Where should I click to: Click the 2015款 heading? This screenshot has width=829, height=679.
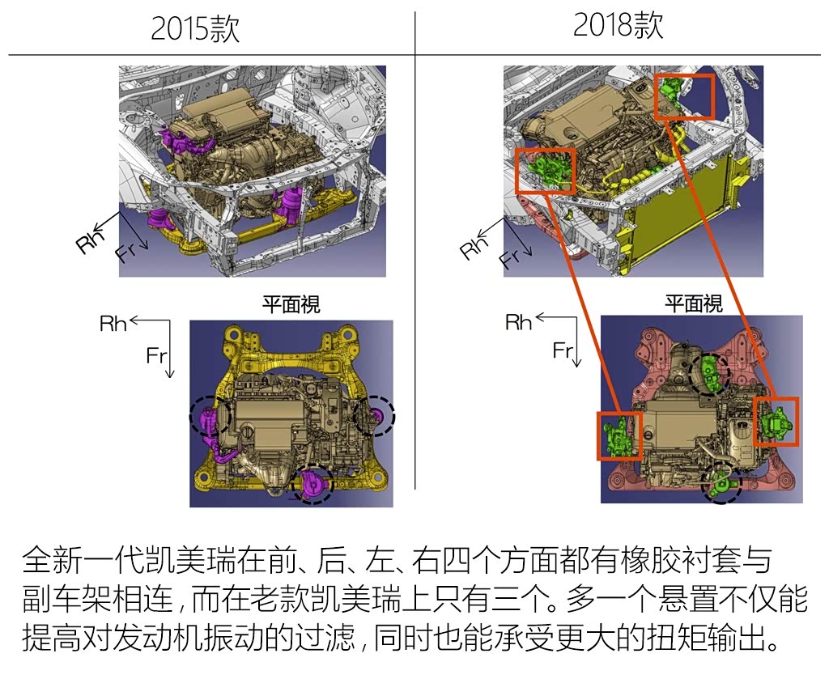pyautogui.click(x=195, y=28)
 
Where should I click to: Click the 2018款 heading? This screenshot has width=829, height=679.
pyautogui.click(x=618, y=24)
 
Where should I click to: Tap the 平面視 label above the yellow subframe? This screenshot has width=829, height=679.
pyautogui.click(x=291, y=304)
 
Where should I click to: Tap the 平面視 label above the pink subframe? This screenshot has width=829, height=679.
pyautogui.click(x=694, y=303)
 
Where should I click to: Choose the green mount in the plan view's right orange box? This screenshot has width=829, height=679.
pyautogui.click(x=776, y=422)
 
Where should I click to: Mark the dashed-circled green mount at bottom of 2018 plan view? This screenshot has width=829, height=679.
pyautogui.click(x=721, y=483)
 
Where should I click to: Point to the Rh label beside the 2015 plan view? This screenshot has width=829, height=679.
pyautogui.click(x=113, y=324)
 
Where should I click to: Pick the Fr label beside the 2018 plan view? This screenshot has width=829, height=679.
pyautogui.click(x=562, y=350)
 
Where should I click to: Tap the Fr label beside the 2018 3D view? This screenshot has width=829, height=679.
pyautogui.click(x=511, y=257)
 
